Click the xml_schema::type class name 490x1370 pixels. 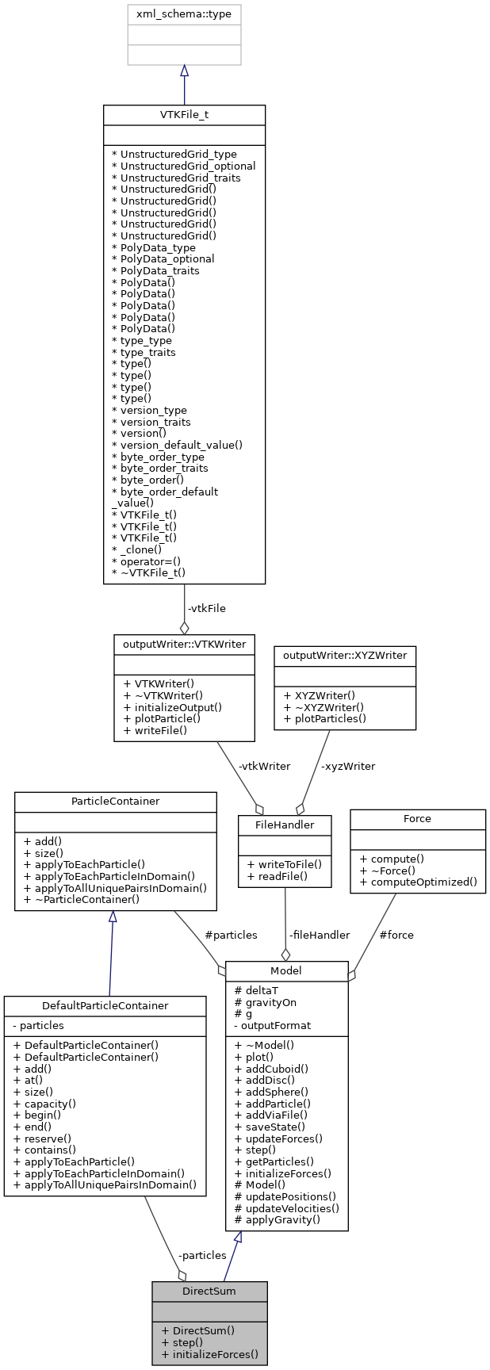pos(184,14)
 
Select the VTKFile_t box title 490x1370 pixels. pos(184,114)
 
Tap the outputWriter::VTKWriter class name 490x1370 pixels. pos(184,645)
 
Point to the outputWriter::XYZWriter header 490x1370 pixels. pos(344,656)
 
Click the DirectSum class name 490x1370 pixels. pos(209,1291)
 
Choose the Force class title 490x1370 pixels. pos(417,818)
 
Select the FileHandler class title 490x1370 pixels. pos(285,825)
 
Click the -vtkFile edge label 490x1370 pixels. pos(206,608)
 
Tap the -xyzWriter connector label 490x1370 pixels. pos(348,766)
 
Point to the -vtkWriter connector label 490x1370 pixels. pos(264,766)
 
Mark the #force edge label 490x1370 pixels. pos(396,935)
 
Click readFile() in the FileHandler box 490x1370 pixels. pos(276,876)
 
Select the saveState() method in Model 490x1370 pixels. pos(270,1127)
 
